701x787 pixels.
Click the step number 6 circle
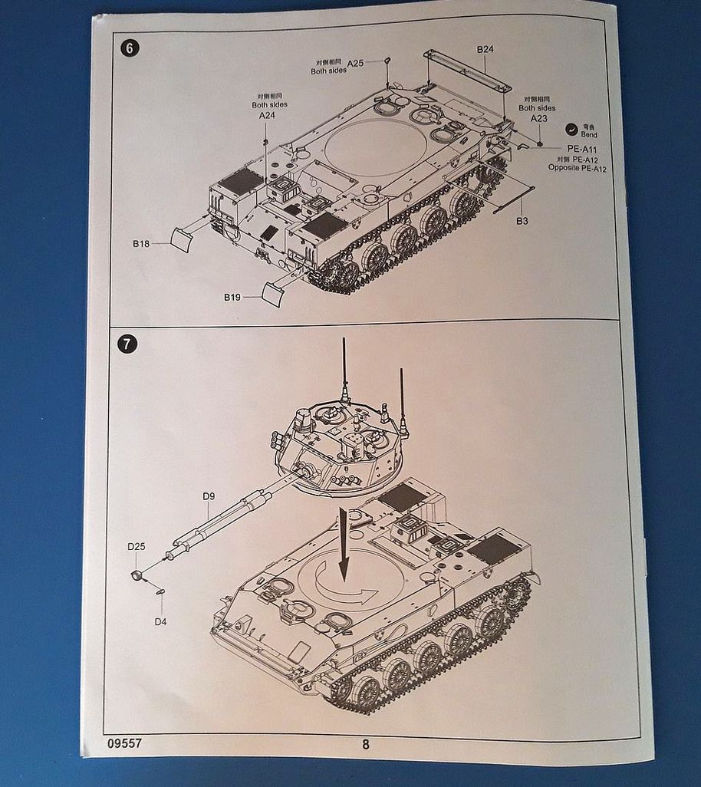coord(128,48)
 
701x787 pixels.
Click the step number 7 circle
coord(128,343)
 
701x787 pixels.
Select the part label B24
coord(485,50)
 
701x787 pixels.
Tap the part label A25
coord(355,63)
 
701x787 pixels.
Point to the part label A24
coord(267,115)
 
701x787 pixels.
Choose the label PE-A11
coord(582,148)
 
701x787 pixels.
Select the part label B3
coord(522,221)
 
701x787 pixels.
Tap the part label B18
coord(140,243)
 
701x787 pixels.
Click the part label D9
coord(208,496)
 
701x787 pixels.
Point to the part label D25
coord(137,546)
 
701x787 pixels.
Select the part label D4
coord(160,621)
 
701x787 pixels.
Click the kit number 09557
coord(125,743)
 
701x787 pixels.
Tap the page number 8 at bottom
coord(365,743)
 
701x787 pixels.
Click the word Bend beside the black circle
coord(590,134)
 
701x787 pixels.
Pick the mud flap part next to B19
coord(275,291)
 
